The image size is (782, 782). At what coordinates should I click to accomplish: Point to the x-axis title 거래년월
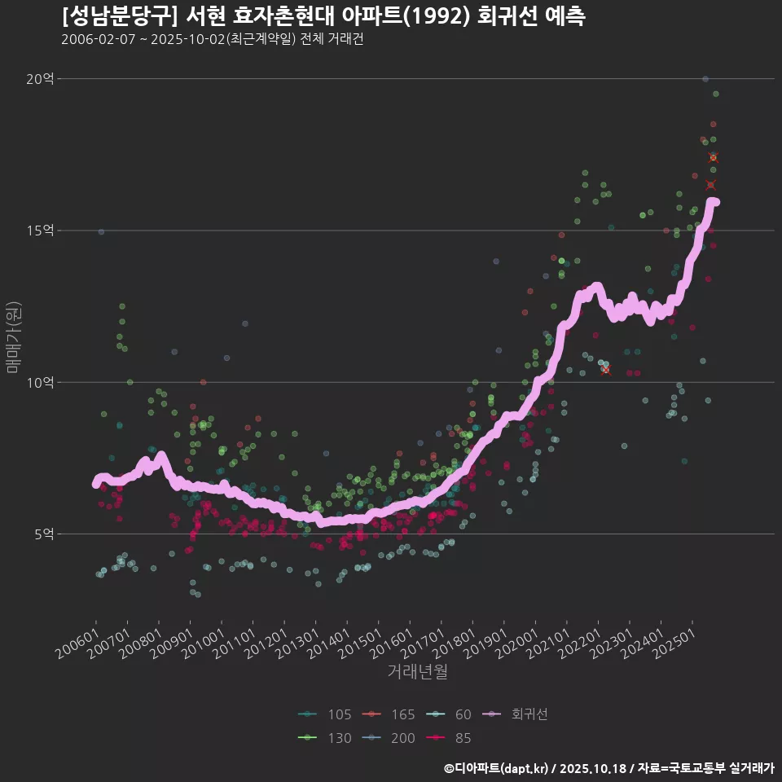417,672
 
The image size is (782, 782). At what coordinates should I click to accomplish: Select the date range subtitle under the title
212,39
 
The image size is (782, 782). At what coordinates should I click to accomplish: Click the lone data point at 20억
705,79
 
